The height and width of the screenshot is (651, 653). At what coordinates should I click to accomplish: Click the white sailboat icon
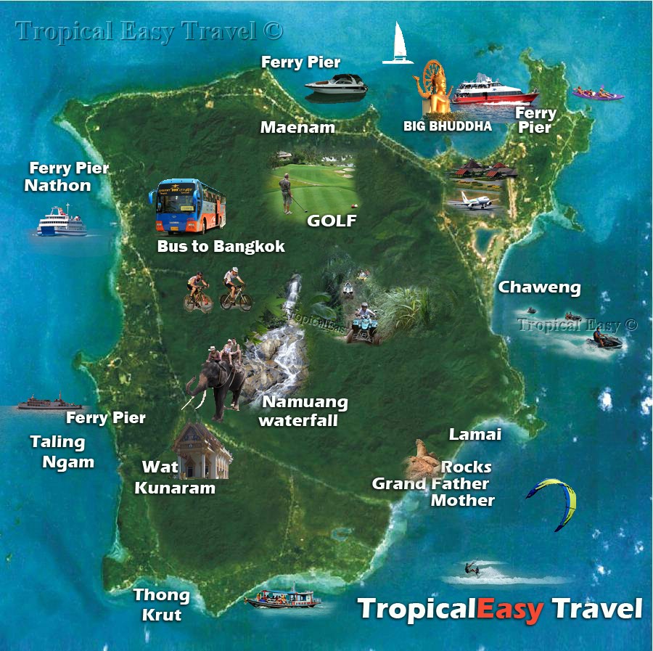coord(398,45)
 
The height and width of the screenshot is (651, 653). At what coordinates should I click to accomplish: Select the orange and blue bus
coord(188,205)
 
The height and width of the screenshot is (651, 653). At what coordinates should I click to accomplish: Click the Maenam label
coord(297,128)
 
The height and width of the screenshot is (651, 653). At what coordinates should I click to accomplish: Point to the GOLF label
coord(332,221)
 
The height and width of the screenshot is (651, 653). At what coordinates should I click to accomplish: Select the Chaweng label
coord(539,287)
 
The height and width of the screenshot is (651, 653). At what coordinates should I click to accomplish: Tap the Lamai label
coord(475,435)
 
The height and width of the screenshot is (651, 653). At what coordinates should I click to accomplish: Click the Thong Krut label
coord(161,605)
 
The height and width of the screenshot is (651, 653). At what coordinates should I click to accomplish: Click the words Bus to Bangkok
coord(221,247)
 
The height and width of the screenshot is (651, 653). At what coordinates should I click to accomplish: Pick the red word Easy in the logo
coord(509,610)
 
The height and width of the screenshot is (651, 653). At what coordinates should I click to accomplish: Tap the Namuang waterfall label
coord(304,411)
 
